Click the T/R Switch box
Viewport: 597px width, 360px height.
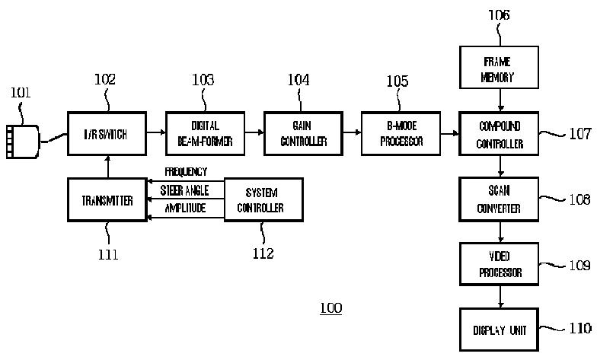coord(106,134)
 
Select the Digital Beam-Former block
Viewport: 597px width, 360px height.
coord(205,134)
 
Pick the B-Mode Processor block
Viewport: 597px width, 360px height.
coord(401,134)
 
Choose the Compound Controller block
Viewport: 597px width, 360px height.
coord(500,134)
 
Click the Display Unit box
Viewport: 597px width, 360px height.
coord(500,330)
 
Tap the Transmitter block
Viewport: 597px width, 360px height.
coord(107,200)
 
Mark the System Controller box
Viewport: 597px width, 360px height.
coord(263,199)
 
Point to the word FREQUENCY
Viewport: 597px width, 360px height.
coord(186,173)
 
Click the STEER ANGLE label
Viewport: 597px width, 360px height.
coord(184,190)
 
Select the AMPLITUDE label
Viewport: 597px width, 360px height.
coord(186,207)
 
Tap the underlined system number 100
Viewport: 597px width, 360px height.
coord(331,308)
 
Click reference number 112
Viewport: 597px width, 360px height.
coord(263,253)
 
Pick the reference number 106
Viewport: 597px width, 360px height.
coord(500,14)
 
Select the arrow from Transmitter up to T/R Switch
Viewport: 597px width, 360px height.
coord(107,167)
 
